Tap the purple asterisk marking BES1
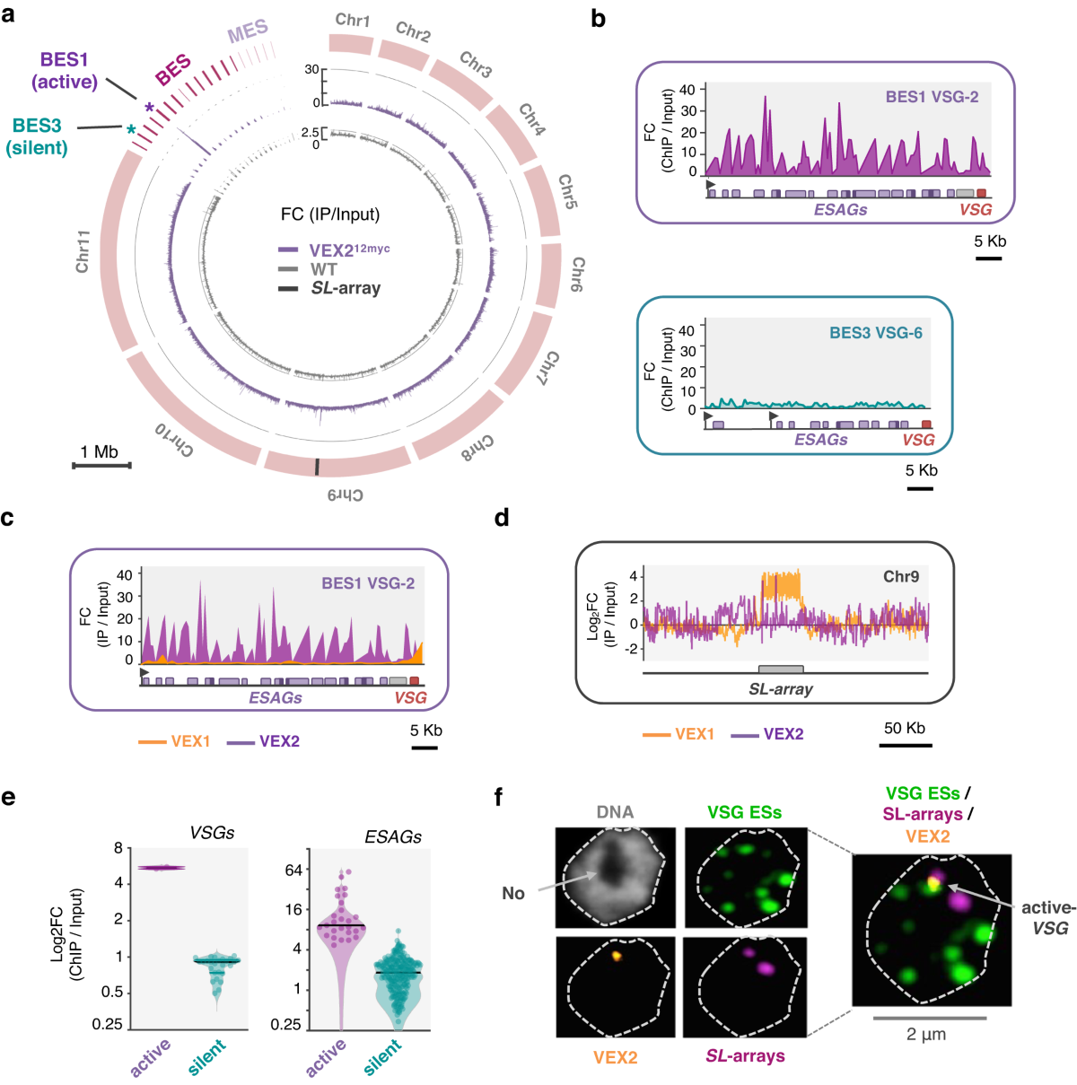coord(149,108)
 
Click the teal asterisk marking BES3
coord(131,129)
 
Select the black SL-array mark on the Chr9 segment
coord(316,467)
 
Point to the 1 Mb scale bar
coord(101,465)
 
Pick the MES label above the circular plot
coord(248,33)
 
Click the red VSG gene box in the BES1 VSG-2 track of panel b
coord(981,193)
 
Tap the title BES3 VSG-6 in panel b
coord(875,333)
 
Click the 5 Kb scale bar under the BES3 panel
coord(920,488)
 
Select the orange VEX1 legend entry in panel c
coord(174,741)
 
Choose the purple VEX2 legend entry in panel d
coord(767,734)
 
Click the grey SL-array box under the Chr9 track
coord(781,669)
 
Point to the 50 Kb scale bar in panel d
coord(905,744)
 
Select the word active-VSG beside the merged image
coord(1048,917)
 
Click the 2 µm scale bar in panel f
coord(929,1018)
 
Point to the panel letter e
coord(8,796)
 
